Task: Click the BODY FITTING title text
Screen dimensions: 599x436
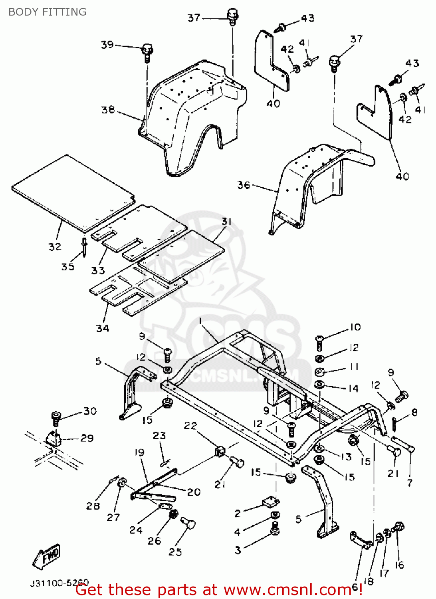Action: pos(47,12)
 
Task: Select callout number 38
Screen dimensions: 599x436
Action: pos(108,109)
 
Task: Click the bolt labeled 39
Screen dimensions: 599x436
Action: pos(147,52)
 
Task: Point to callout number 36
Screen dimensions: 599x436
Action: pos(244,185)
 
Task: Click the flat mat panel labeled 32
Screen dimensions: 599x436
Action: pos(72,192)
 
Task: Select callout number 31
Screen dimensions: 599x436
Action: pos(226,221)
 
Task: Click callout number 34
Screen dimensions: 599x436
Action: pos(103,328)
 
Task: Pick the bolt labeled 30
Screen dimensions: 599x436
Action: pos(56,419)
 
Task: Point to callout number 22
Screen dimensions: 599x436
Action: pos(190,426)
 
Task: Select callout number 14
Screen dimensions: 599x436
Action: pos(353,388)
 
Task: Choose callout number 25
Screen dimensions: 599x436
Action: pos(175,552)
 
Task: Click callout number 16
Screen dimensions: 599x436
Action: pos(400,565)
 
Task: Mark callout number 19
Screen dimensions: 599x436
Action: pos(139,452)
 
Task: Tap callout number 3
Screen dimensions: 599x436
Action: pos(238,550)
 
